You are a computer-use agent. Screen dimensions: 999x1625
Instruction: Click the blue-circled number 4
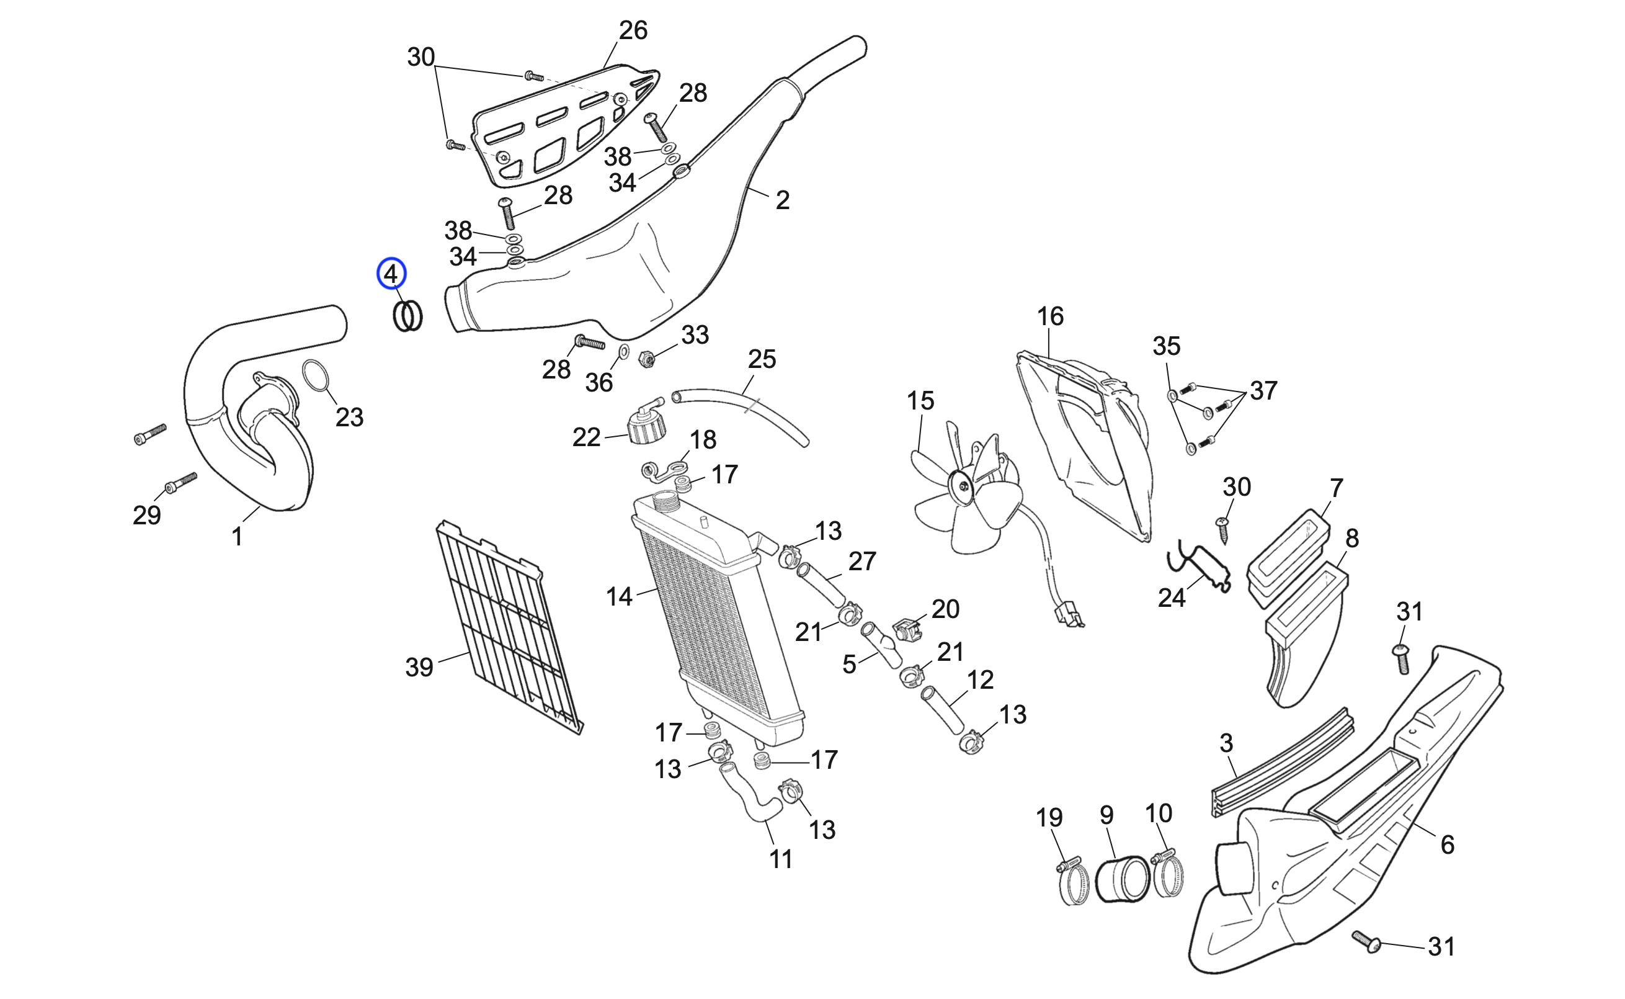coord(391,274)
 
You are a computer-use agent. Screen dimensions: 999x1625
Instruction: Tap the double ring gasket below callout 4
coord(407,316)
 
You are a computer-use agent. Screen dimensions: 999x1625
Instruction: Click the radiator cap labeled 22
coord(646,427)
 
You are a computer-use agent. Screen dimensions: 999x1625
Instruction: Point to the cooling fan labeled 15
coord(964,489)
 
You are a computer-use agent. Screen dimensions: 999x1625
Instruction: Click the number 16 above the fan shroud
coord(1050,316)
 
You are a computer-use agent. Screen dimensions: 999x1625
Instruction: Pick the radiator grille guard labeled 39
coord(509,628)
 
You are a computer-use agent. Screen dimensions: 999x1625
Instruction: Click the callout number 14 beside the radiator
coord(619,597)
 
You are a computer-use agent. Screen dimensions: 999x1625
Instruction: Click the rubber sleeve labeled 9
coord(1123,878)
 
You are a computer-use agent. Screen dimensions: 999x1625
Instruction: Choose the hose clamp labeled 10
coord(1167,876)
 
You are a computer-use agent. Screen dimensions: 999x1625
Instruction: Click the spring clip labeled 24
coord(1198,564)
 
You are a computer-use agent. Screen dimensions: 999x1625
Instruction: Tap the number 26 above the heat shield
coord(633,30)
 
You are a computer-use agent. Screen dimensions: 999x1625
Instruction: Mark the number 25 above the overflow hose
coord(761,359)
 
